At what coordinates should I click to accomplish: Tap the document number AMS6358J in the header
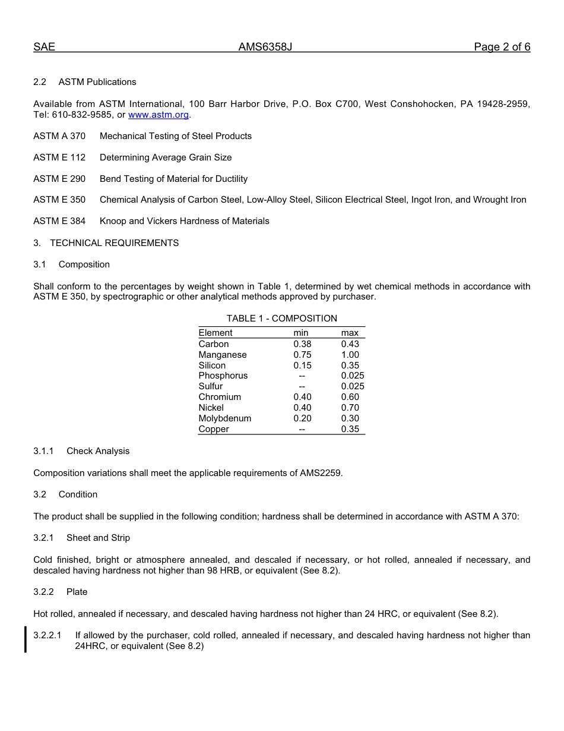coord(265,48)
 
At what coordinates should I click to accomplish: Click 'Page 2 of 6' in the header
coord(502,48)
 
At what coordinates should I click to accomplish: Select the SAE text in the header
coord(44,48)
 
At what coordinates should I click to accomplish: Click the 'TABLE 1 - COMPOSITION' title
coord(281,319)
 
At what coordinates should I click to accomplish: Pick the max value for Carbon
coord(350,344)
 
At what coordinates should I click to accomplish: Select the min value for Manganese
coord(302,355)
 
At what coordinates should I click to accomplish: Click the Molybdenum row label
coord(224,418)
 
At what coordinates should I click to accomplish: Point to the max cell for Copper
coord(350,429)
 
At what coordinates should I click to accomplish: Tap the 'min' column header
coord(301,333)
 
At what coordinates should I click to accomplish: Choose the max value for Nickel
coord(350,408)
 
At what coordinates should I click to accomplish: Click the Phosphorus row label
coord(223,376)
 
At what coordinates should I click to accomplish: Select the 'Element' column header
coord(216,333)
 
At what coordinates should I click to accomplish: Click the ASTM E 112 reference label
coord(59,157)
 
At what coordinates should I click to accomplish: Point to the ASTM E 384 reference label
coord(59,221)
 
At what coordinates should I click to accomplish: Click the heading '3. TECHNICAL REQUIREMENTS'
coord(106,243)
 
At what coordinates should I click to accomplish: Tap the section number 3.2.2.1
coord(47,635)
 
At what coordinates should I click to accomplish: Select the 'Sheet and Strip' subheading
coord(98,538)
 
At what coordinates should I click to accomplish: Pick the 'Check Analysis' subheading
coord(98,451)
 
